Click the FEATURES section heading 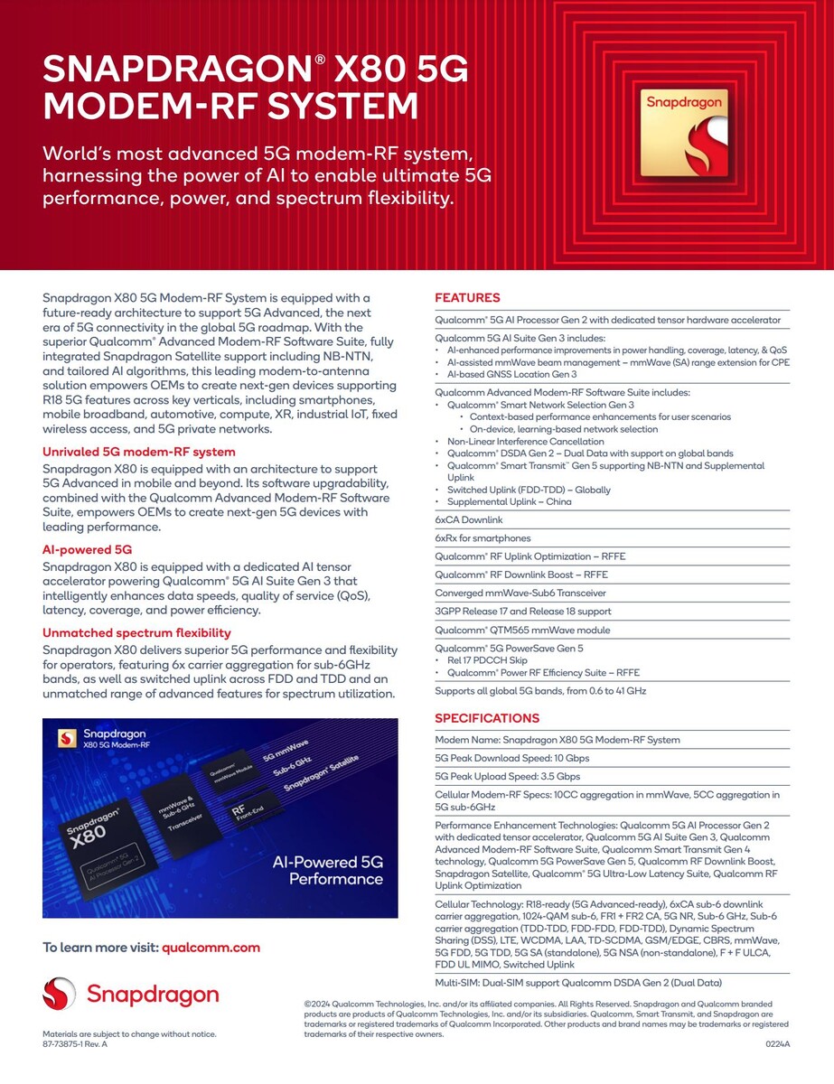click(x=467, y=298)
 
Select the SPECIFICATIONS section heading click(x=487, y=718)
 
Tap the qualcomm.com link click(x=211, y=948)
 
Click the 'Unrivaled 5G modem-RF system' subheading click(x=139, y=452)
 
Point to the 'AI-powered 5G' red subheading click(x=88, y=549)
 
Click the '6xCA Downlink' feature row click(x=469, y=520)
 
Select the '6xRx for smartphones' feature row click(x=483, y=538)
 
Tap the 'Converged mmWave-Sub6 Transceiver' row click(x=520, y=593)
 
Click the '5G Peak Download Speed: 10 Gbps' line click(x=511, y=758)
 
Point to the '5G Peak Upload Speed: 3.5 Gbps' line click(x=507, y=776)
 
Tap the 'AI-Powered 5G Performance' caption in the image click(x=327, y=871)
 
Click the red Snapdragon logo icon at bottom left click(x=59, y=995)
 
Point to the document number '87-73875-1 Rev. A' click(x=75, y=1043)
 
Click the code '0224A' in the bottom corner click(x=777, y=1044)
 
